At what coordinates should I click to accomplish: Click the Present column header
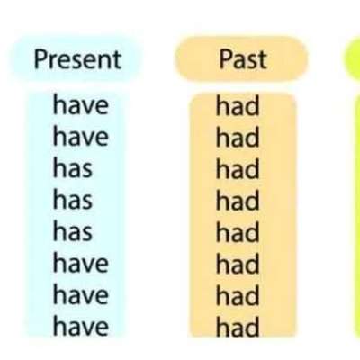click(x=77, y=59)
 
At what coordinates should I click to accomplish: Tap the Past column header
click(x=243, y=59)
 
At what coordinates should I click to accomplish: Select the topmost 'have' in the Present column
click(x=81, y=104)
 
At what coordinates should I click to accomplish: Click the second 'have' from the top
click(x=81, y=136)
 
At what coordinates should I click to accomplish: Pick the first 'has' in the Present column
click(x=73, y=167)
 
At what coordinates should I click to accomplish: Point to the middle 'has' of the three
click(x=73, y=199)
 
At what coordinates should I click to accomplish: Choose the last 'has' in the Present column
click(x=73, y=230)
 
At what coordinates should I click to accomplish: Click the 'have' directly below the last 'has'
click(x=81, y=263)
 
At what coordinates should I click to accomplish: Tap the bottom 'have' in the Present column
click(x=81, y=326)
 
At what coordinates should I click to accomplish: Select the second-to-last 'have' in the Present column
click(x=81, y=294)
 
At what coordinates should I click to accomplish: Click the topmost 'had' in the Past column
click(x=238, y=105)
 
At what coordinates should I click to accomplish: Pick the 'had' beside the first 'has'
click(x=238, y=168)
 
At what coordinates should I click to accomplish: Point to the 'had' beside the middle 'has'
click(x=238, y=201)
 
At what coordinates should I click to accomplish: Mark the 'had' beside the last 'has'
click(x=238, y=232)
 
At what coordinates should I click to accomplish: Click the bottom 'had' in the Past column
click(x=238, y=327)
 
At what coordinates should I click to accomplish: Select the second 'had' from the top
click(x=238, y=137)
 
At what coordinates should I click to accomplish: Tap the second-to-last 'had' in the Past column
click(x=238, y=295)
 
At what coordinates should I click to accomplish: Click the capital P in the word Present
click(x=40, y=59)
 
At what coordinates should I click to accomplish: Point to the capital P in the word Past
click(x=226, y=59)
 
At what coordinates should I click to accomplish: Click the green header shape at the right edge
click(x=352, y=59)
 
